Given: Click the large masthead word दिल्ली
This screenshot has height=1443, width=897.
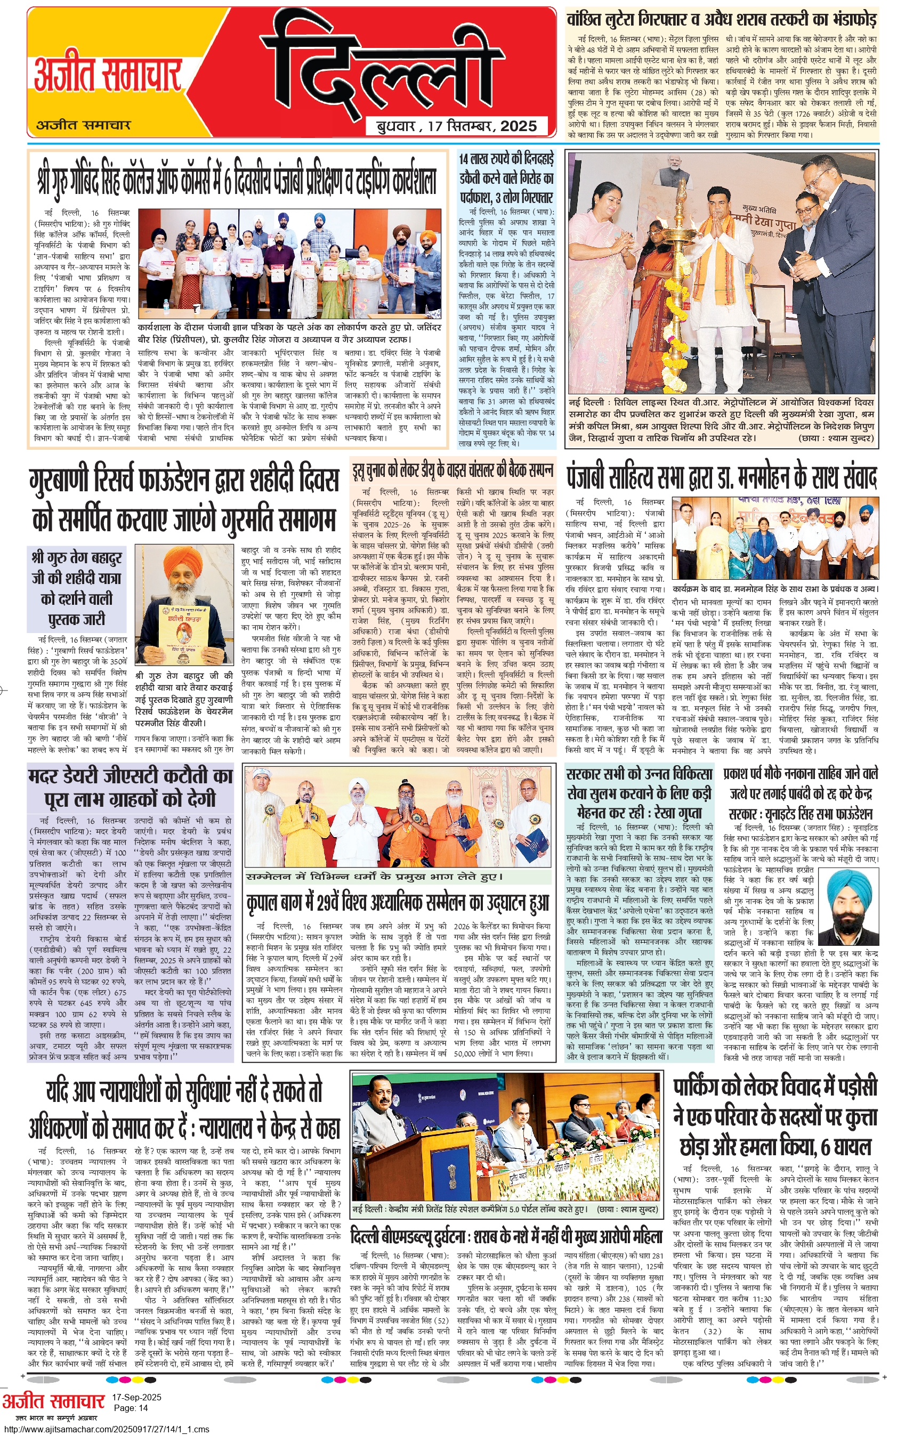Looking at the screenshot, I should [x=409, y=68].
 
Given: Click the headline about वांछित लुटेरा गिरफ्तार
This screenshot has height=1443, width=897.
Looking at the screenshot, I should [x=721, y=19].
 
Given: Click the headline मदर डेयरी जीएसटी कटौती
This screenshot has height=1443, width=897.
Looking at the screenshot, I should [x=130, y=787].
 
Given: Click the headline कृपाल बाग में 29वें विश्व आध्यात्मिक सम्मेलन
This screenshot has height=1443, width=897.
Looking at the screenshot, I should [x=398, y=903].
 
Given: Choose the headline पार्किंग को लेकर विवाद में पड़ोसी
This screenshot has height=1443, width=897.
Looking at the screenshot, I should [x=775, y=1118].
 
